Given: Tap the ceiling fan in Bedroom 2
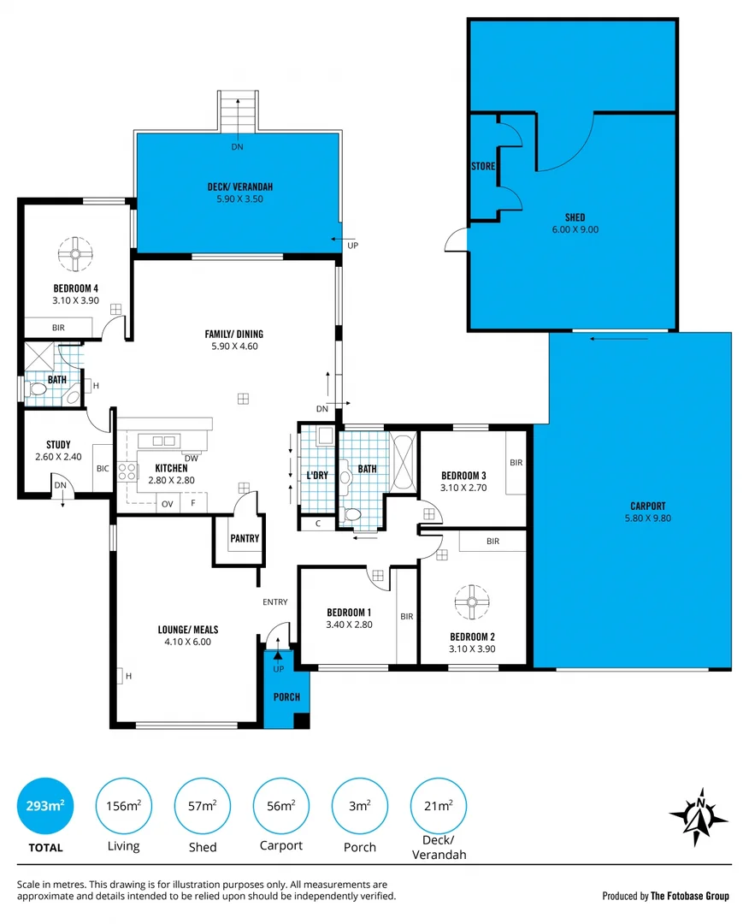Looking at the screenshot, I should tap(472, 601).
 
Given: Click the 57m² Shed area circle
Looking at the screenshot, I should tap(203, 806).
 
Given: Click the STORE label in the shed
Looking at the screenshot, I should tap(483, 166).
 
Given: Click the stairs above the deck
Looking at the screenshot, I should tap(237, 111).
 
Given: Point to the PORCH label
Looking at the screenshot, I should tap(286, 696).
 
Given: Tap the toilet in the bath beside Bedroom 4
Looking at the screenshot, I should tap(38, 389).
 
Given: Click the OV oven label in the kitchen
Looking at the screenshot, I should tap(168, 504).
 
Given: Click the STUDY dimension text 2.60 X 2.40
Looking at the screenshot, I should tap(58, 457).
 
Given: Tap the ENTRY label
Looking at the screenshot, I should tap(275, 602).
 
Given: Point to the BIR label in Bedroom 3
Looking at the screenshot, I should tap(516, 462).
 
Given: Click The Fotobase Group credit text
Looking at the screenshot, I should tap(690, 896).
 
